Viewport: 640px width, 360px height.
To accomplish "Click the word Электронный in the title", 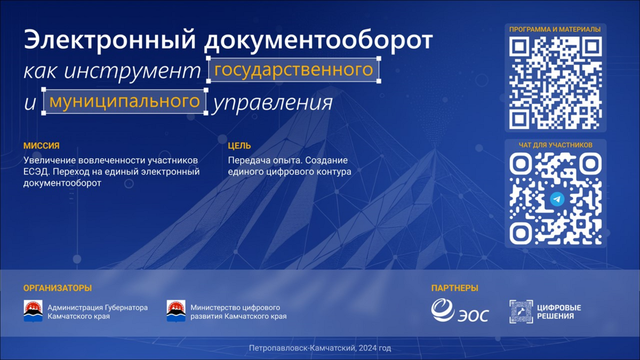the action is point(110,40).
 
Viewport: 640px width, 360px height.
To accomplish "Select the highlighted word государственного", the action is point(294,70).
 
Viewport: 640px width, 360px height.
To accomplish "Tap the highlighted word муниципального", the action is point(125,101).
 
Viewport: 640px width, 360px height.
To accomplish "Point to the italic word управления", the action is point(272,103).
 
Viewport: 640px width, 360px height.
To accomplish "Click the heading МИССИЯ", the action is point(42,146).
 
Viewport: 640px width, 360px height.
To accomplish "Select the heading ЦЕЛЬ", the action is point(239,146).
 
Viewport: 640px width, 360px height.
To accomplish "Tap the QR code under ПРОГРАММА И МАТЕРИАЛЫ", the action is point(555,83).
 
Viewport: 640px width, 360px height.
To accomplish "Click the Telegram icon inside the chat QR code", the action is point(557,199).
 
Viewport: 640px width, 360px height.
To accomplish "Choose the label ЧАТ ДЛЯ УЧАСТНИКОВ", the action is point(555,145).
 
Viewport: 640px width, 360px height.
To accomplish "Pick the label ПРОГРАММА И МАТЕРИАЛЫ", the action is point(555,29).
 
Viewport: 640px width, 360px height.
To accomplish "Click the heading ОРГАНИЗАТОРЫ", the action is point(58,288).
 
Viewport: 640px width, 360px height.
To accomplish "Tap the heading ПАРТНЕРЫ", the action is point(454,288).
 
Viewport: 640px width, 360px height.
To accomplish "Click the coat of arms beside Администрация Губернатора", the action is point(33,311).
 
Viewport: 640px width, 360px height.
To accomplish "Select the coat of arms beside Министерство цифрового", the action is point(176,311).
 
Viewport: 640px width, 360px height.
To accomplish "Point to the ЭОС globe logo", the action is point(442,310).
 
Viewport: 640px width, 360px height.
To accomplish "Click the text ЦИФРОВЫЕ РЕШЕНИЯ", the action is point(559,311).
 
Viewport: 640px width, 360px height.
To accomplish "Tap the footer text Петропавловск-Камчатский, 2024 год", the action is point(320,348).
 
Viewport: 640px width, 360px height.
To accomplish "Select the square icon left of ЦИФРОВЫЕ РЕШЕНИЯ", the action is point(521,311).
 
